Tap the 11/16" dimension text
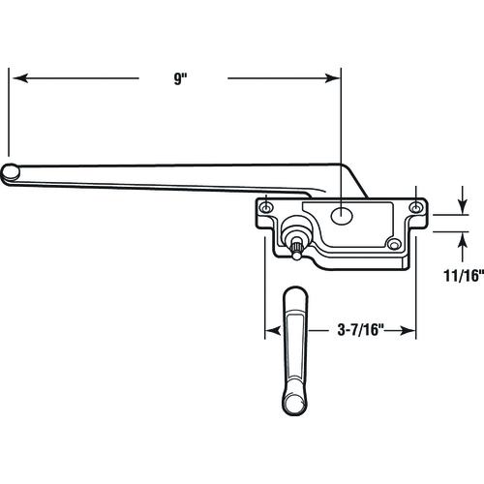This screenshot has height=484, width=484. [464, 276]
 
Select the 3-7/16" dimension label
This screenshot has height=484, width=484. [360, 330]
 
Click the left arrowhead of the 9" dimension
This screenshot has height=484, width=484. [20, 78]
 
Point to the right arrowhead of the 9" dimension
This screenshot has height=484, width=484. [332, 78]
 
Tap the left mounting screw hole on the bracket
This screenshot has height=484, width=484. [266, 208]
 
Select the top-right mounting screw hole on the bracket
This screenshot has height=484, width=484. [415, 208]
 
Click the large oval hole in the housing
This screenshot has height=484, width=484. [342, 215]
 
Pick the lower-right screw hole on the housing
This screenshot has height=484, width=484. [394, 245]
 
